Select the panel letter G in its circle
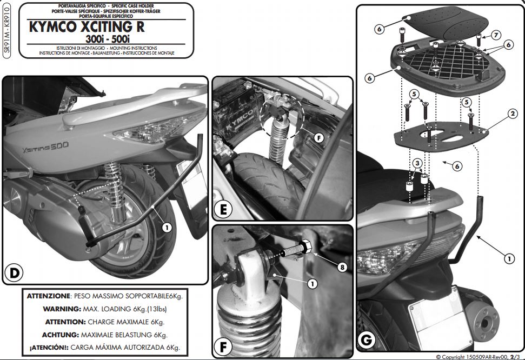(x=367, y=340)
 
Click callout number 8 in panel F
(x=341, y=266)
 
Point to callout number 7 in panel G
(x=496, y=35)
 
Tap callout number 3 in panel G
(x=416, y=163)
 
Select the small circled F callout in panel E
(x=319, y=138)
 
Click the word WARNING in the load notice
(x=62, y=309)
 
